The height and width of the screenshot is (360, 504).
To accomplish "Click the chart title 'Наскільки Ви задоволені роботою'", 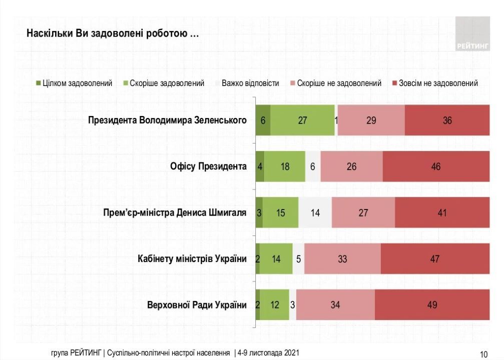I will [x=112, y=34].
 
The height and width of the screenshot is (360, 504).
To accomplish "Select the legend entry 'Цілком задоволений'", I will [x=74, y=83].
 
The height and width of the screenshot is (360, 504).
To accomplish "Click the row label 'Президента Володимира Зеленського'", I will [x=167, y=120].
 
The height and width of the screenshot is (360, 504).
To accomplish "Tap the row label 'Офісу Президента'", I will [x=208, y=166].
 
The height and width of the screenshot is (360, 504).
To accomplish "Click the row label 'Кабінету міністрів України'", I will [x=192, y=258].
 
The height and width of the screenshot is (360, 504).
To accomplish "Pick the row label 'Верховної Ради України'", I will [x=197, y=304].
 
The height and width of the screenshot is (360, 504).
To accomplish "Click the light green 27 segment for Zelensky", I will [x=303, y=120].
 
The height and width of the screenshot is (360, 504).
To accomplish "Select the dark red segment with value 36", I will [x=447, y=120].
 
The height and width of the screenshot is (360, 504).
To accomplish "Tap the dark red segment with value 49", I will [x=432, y=304].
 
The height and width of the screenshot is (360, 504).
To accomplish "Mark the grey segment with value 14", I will [x=315, y=212].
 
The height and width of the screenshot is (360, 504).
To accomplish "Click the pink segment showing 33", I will [x=342, y=258].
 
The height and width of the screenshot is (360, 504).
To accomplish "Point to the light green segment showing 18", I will [x=285, y=166].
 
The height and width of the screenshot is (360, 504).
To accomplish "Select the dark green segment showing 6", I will [x=263, y=120].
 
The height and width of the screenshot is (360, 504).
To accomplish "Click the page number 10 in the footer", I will [x=483, y=354].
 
